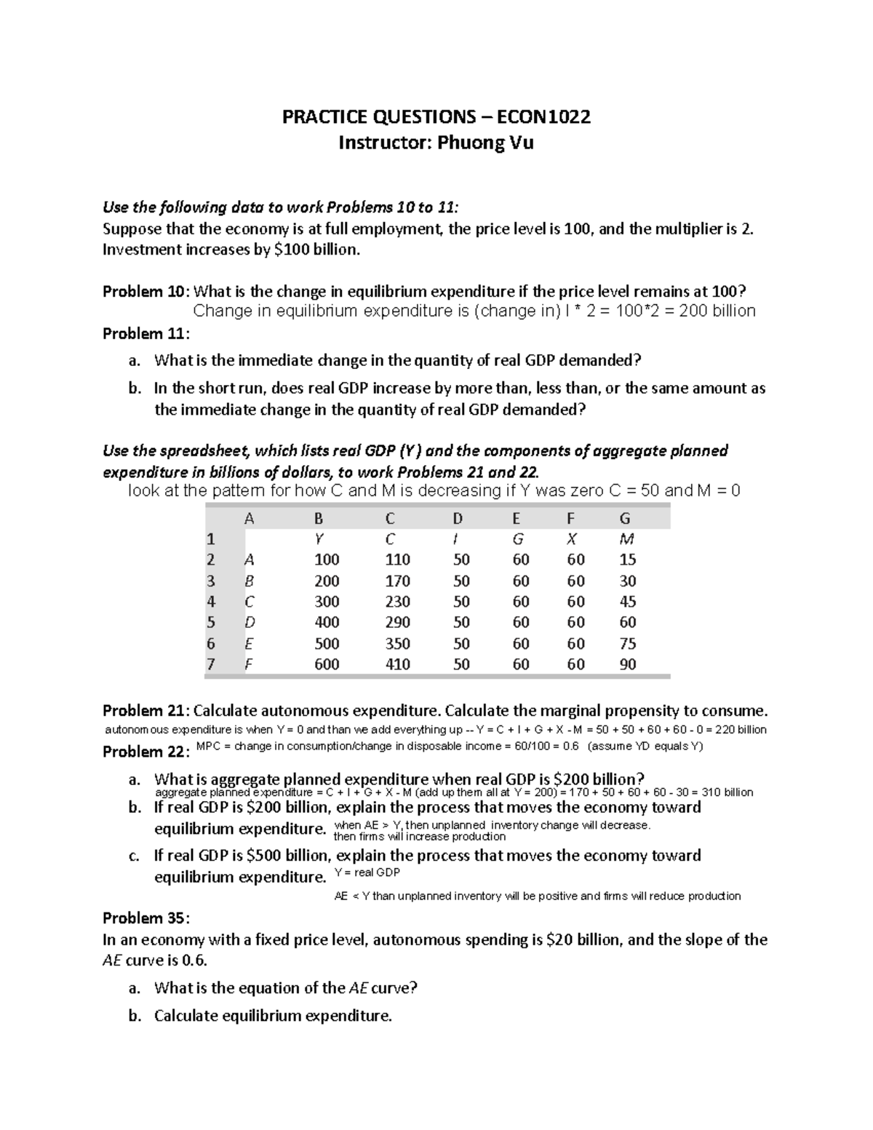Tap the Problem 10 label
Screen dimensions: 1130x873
[x=145, y=292]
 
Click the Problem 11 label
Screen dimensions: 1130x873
[x=145, y=334]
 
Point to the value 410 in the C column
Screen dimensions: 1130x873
[x=397, y=664]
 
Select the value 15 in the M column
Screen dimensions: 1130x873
[x=626, y=560]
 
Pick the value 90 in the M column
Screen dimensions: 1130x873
[x=626, y=664]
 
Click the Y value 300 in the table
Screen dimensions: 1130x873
[x=327, y=602]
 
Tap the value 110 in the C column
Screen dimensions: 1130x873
[x=397, y=560]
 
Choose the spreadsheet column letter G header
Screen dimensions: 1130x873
[x=624, y=518]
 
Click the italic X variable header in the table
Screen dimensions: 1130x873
[x=572, y=539]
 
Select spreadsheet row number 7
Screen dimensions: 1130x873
[x=211, y=664]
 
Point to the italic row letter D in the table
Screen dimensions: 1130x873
[x=250, y=623]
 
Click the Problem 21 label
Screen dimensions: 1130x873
[x=145, y=711]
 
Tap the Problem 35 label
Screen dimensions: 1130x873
[x=145, y=918]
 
